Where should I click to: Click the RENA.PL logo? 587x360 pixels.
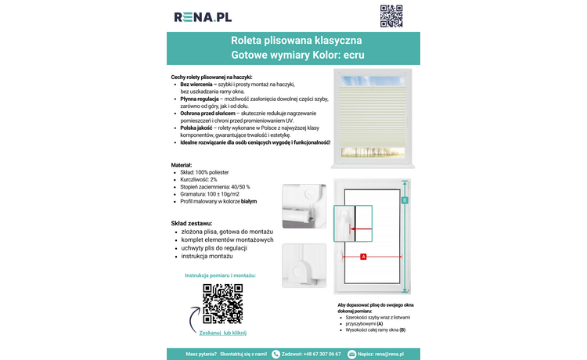tap(202, 16)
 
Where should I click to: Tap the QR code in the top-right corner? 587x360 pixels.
tap(391, 16)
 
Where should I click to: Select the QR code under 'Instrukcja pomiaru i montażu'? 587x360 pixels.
tap(222, 304)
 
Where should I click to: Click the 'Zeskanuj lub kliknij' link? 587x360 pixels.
tap(222, 333)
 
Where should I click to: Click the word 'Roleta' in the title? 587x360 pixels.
tap(248, 40)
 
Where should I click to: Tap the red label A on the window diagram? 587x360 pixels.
tap(363, 257)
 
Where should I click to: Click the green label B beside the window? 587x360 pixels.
tap(405, 201)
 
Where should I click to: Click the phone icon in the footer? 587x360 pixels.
tap(275, 354)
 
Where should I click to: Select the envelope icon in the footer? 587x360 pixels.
tap(351, 354)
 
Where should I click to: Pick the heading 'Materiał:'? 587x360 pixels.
tap(182, 164)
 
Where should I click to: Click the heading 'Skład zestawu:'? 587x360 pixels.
tap(193, 223)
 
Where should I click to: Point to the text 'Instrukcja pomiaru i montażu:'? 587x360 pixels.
tap(220, 275)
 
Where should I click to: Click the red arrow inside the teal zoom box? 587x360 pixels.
tap(361, 229)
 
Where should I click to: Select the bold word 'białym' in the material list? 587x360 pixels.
tap(249, 201)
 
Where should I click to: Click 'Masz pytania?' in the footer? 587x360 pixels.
tap(201, 354)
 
